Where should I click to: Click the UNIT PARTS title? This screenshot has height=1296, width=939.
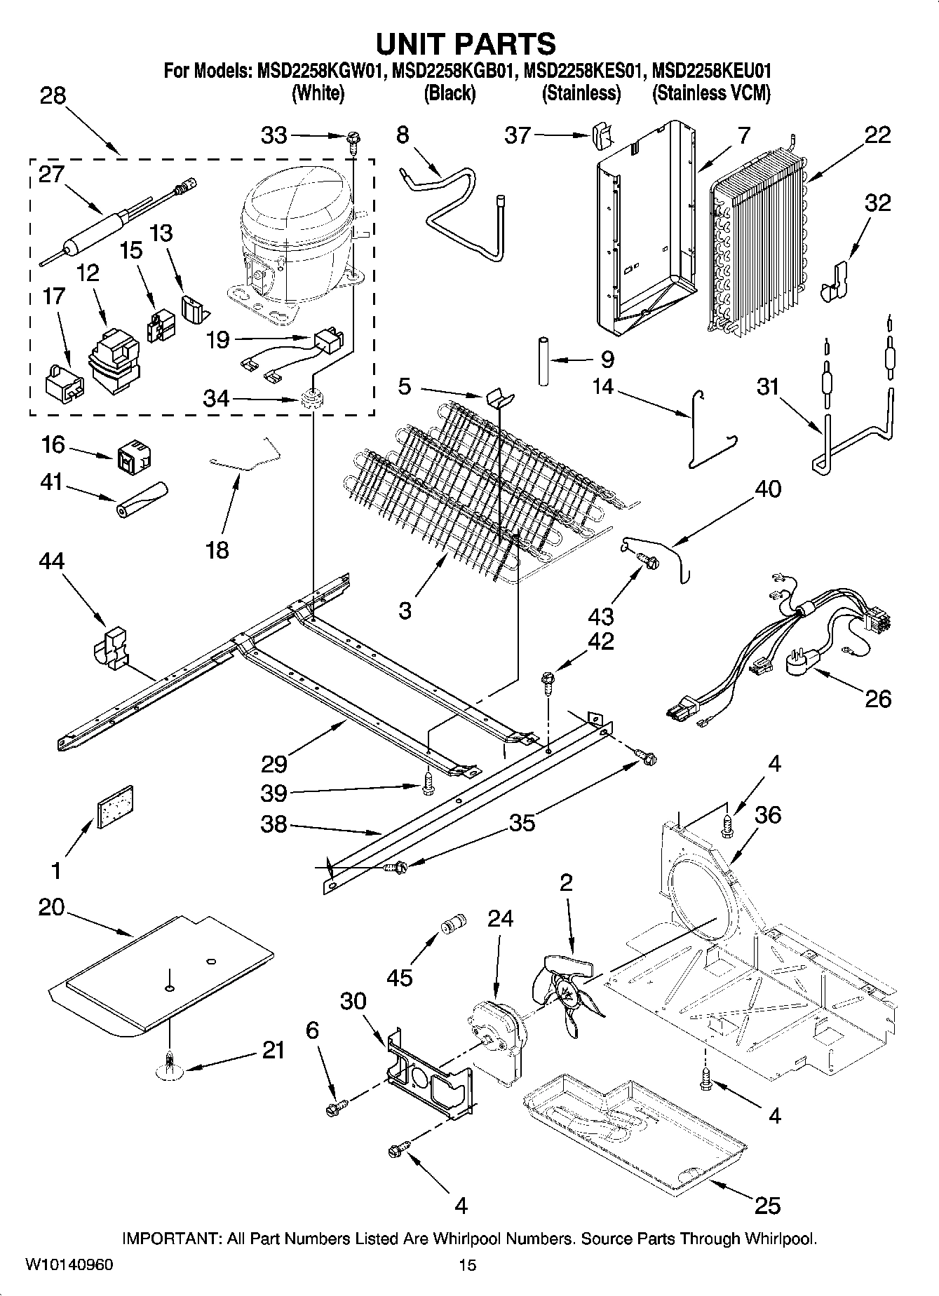(x=466, y=43)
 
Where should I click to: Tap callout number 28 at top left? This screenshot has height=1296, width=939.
(x=53, y=95)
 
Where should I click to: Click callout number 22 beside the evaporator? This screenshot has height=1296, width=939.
(x=877, y=135)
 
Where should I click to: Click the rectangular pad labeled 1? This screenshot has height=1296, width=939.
(x=116, y=806)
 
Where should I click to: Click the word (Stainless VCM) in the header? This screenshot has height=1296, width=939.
(x=710, y=94)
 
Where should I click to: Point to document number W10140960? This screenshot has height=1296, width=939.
(x=69, y=1264)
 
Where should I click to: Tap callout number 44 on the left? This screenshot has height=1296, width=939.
(x=52, y=561)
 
